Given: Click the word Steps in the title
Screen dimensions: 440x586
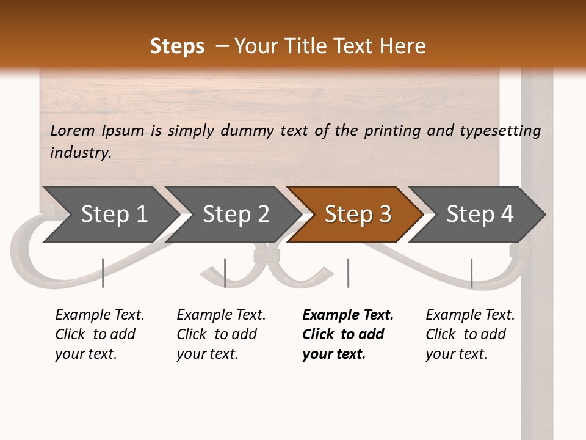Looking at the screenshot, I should tap(177, 46).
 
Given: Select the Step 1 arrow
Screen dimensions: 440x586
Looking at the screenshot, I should tap(110, 215).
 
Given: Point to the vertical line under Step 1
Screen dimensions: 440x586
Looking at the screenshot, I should tap(103, 273).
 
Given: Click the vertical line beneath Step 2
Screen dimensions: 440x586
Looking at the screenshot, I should tap(225, 273).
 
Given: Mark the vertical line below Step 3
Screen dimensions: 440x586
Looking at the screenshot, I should tap(348, 273).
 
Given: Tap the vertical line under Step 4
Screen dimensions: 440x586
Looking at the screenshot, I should tap(471, 273).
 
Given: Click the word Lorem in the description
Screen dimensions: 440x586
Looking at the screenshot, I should tap(73, 131).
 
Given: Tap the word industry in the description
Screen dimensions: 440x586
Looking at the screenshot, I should tap(80, 153).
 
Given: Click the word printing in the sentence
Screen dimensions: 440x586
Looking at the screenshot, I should tap(389, 131).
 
